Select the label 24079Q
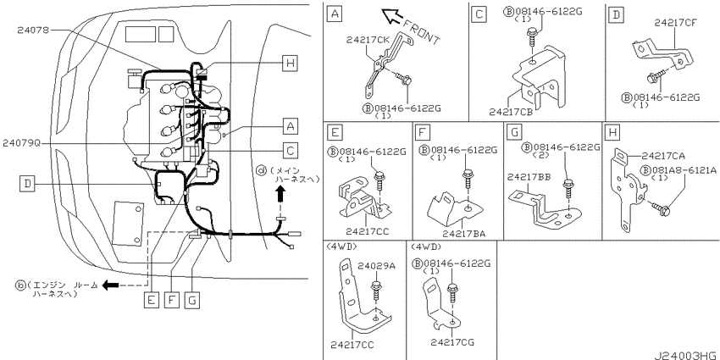click(21, 143)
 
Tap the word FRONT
click(422, 33)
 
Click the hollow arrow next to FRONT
click(391, 16)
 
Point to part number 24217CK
click(368, 40)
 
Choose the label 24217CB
click(511, 112)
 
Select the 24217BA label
click(464, 234)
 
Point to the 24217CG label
click(453, 342)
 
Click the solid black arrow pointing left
click(110, 285)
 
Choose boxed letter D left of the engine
click(27, 184)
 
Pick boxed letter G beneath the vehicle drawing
click(191, 300)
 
